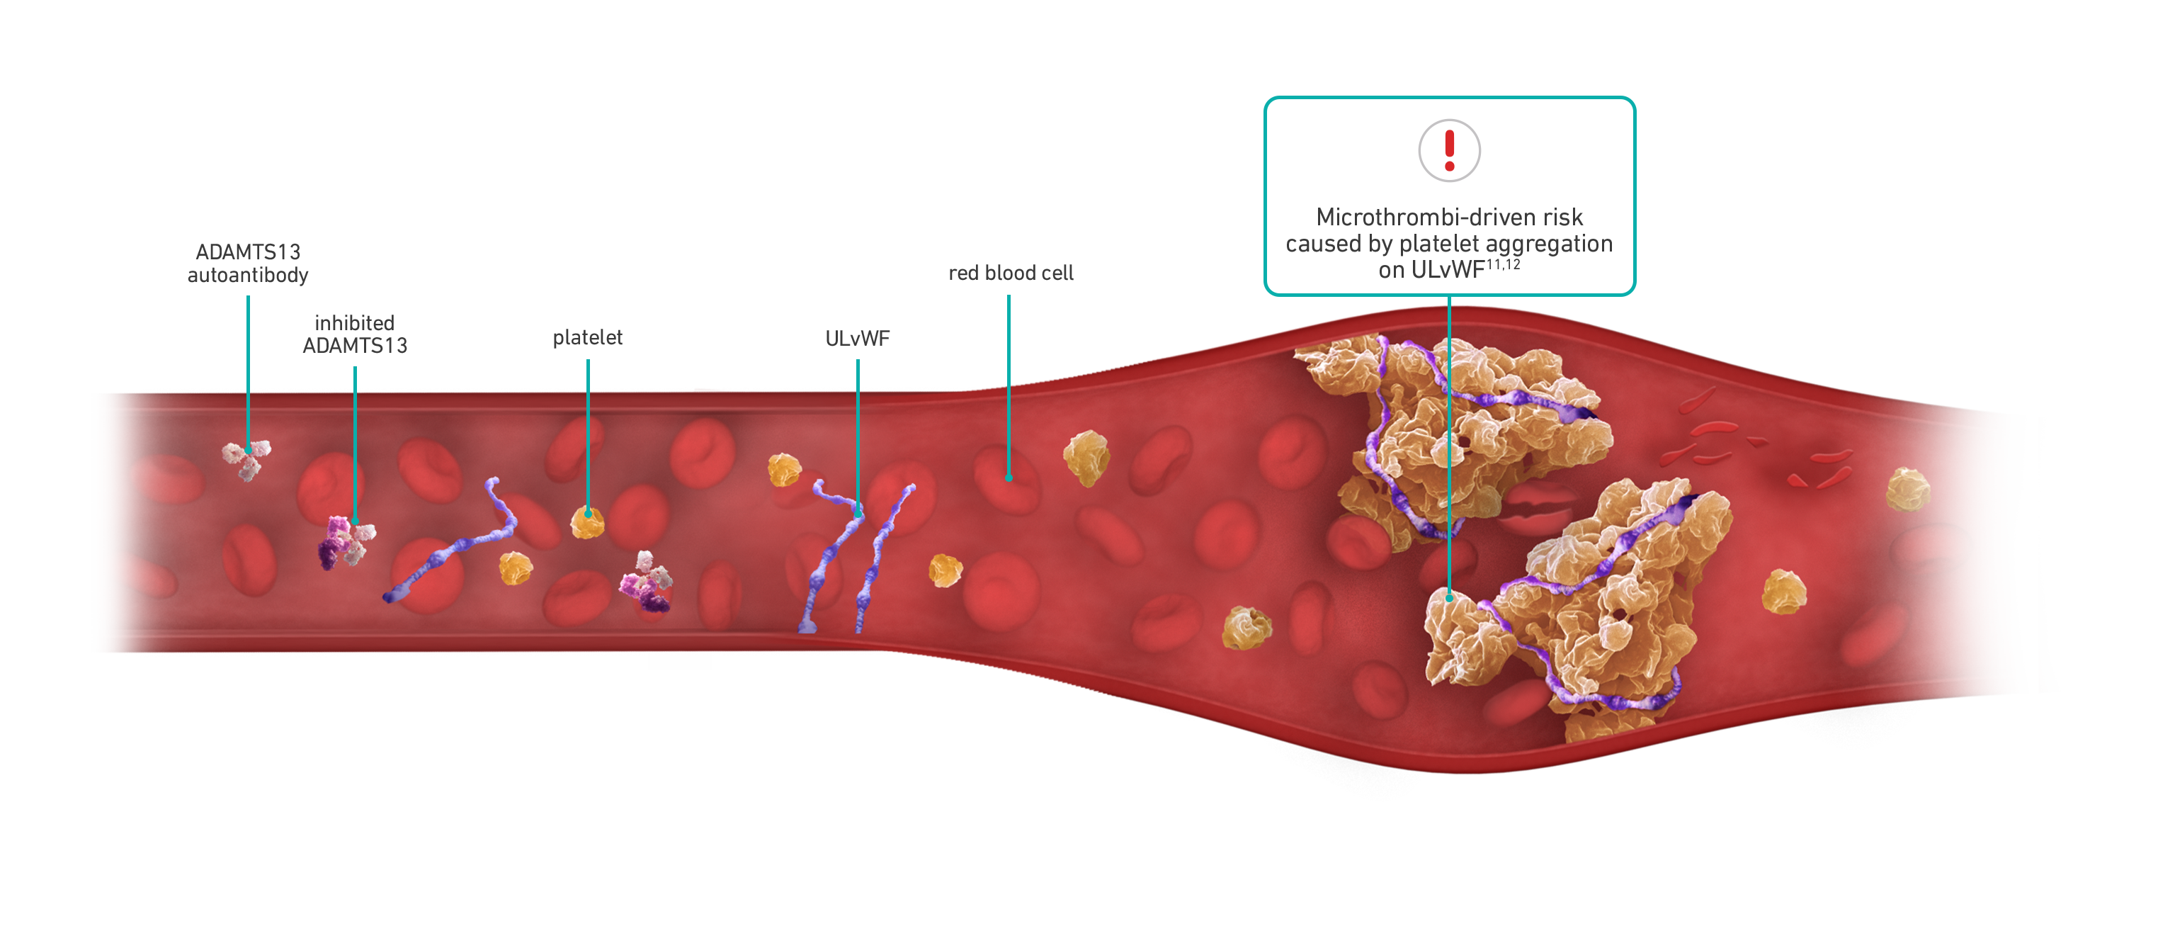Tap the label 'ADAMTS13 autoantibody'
tap(248, 263)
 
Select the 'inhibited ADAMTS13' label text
tap(354, 334)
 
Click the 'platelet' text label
tap(587, 338)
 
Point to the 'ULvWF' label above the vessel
tap(857, 339)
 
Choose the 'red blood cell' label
tap(1011, 273)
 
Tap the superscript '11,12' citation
tap(1503, 265)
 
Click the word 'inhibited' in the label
tap(354, 322)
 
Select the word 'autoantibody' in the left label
tap(248, 275)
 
